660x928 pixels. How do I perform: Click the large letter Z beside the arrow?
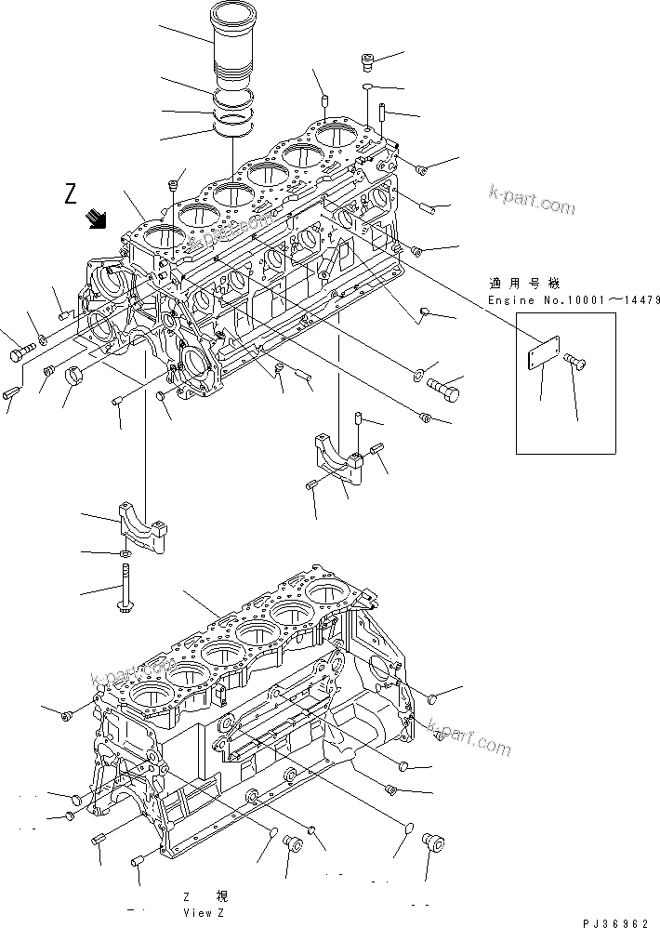(x=72, y=194)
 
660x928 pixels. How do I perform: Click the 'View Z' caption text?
(x=204, y=913)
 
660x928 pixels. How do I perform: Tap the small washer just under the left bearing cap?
(x=125, y=555)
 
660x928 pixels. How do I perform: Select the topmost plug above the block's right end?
(x=368, y=62)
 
